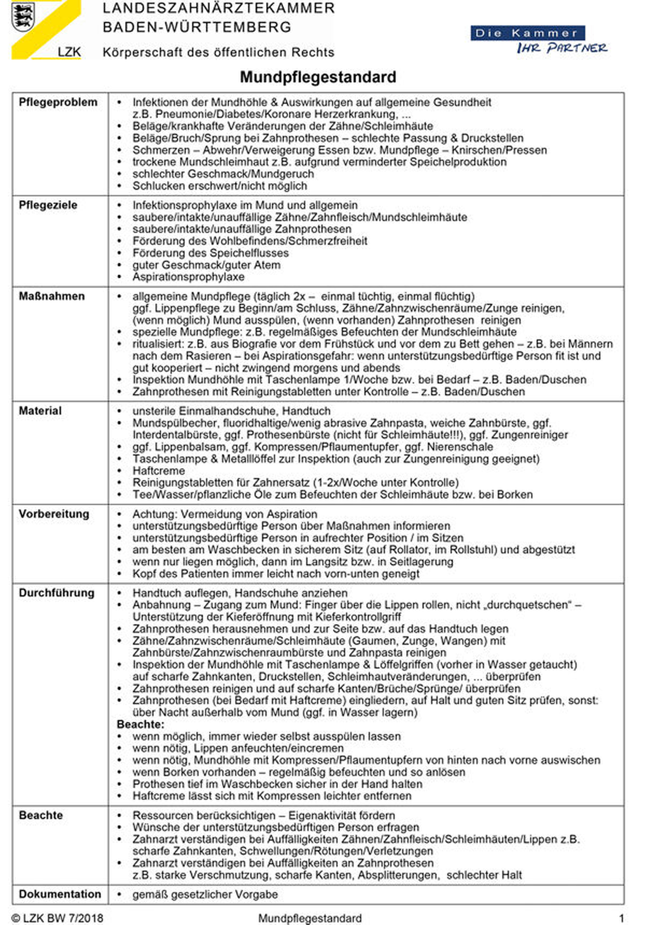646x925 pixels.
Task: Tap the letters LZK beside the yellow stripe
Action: click(x=69, y=52)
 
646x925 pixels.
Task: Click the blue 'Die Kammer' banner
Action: click(x=527, y=33)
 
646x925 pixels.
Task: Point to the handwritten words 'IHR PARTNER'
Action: click(x=562, y=48)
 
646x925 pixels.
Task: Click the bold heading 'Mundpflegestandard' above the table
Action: click(x=318, y=77)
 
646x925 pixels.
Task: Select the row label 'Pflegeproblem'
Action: click(x=58, y=102)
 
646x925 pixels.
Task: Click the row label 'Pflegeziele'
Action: click(x=48, y=205)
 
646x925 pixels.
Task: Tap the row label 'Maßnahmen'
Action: click(x=52, y=296)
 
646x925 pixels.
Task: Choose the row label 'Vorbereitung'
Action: click(x=54, y=514)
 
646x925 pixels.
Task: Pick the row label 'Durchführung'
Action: click(x=56, y=593)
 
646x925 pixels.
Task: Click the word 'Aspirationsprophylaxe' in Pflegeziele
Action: click(x=188, y=277)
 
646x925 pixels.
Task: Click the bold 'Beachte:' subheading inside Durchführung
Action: click(x=140, y=724)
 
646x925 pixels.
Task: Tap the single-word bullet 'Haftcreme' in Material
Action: click(x=158, y=470)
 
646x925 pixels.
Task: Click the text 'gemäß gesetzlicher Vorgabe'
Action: click(x=205, y=894)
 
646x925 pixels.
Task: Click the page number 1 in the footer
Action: click(x=621, y=918)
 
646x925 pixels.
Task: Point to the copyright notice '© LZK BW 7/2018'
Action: click(x=57, y=918)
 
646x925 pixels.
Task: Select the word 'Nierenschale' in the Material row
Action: click(x=460, y=447)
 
